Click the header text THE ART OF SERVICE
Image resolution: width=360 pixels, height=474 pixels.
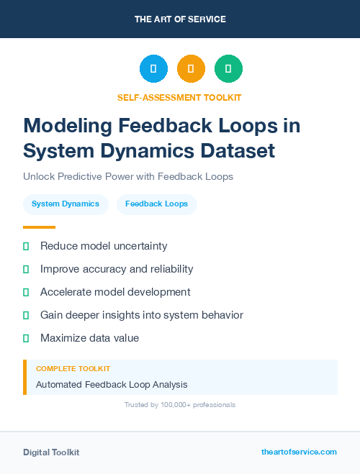[180, 19]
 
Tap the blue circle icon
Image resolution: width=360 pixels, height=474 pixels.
[153, 69]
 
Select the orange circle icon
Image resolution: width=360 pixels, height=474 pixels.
[191, 69]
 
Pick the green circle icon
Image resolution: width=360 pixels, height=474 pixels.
[228, 69]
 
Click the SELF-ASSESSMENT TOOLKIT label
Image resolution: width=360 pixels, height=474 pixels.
[179, 97]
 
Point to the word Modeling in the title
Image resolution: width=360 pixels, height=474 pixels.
[68, 126]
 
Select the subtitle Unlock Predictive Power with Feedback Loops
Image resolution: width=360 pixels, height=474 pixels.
[128, 176]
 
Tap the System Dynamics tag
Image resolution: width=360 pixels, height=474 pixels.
[66, 204]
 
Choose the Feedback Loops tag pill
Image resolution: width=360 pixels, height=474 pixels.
[156, 204]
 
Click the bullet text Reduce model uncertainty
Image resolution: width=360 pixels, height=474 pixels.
[104, 246]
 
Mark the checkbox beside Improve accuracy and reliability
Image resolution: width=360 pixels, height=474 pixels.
[26, 269]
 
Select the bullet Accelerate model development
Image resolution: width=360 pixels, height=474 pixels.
[115, 292]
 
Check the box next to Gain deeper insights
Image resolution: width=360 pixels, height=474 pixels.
[26, 315]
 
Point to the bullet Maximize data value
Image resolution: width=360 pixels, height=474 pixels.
[89, 338]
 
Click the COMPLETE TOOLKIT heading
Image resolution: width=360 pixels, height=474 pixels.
[73, 368]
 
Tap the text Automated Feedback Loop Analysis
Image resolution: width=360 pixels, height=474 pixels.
[112, 385]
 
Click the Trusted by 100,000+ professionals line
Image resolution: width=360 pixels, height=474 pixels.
[180, 405]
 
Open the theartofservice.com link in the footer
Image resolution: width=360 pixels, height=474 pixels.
[299, 452]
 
